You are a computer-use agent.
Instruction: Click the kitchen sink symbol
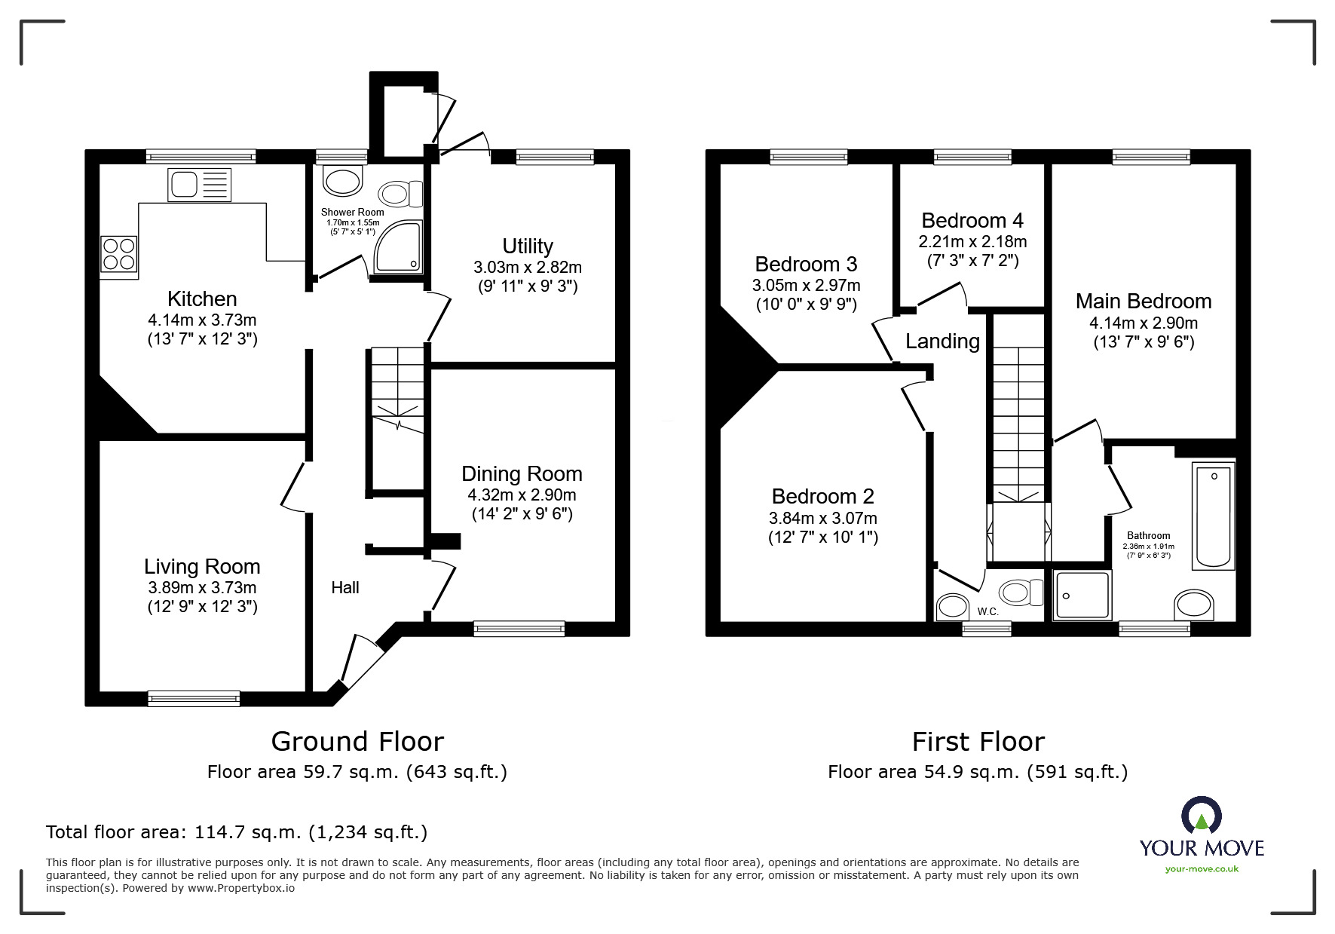click(201, 185)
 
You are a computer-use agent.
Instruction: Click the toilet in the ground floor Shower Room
click(401, 194)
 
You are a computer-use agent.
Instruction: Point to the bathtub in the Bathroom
click(1213, 516)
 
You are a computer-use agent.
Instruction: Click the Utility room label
click(528, 247)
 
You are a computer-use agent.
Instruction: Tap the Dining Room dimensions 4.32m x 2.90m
click(522, 495)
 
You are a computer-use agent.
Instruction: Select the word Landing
click(942, 341)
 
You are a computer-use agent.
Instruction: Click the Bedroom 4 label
click(972, 220)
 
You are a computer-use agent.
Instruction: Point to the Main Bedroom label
click(1144, 302)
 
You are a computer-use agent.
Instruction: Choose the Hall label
click(345, 587)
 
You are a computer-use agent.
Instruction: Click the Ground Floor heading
click(357, 742)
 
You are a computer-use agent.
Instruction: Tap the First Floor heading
click(978, 742)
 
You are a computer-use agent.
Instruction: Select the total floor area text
click(237, 832)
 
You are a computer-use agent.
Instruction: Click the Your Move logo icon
click(1202, 816)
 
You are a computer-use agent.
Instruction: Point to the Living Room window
click(194, 698)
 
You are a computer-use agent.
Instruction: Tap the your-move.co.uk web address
click(1202, 869)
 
